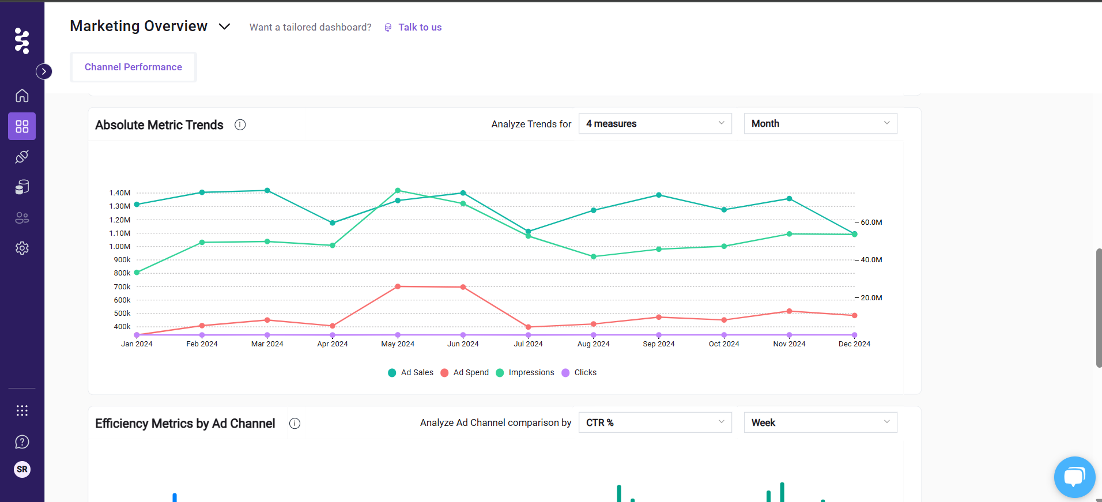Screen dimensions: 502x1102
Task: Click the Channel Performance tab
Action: tap(133, 67)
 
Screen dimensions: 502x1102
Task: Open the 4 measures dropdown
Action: tap(655, 123)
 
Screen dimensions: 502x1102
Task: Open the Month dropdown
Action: tap(820, 123)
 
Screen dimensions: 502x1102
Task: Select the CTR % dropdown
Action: tap(655, 422)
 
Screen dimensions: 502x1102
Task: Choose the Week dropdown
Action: tap(820, 422)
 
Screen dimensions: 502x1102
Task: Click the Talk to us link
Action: tap(420, 27)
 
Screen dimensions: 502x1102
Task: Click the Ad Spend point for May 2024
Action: tap(398, 286)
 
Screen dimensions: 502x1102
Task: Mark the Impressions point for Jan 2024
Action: tap(137, 273)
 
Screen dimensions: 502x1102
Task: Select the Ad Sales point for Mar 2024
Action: tap(267, 190)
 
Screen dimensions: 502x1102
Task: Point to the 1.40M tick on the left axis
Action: tap(120, 193)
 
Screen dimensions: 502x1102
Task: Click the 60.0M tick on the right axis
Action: tap(871, 222)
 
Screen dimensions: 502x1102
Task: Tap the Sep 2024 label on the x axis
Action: tap(659, 344)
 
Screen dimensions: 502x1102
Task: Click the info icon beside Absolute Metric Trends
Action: tap(240, 124)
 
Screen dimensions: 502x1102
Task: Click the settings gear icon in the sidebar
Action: tap(22, 248)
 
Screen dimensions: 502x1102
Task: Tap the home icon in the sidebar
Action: tap(22, 96)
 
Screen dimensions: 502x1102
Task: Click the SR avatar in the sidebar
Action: tap(22, 469)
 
